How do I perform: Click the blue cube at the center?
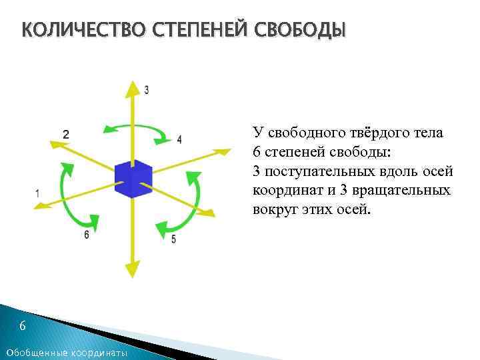133,179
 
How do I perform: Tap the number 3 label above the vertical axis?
147,89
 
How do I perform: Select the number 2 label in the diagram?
65,134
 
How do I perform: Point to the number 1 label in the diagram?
37,193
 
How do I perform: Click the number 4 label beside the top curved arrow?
179,139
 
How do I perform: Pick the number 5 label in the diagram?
173,239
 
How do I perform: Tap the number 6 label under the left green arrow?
87,235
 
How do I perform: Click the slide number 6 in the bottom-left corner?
22,326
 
